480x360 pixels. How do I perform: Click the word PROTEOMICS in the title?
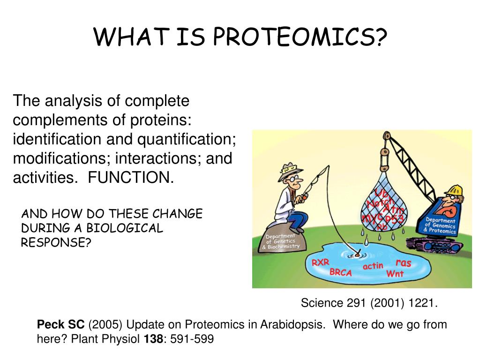pyautogui.click(x=300, y=37)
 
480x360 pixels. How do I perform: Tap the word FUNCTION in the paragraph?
pyautogui.click(x=131, y=177)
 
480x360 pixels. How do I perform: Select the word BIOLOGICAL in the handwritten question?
pyautogui.click(x=125, y=228)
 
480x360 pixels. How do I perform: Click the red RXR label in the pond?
pyautogui.click(x=321, y=262)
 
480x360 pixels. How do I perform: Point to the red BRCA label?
pyautogui.click(x=341, y=272)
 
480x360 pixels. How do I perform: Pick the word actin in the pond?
pyautogui.click(x=373, y=266)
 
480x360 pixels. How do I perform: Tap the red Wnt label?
pyautogui.click(x=395, y=273)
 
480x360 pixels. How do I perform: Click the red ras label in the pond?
pyautogui.click(x=403, y=262)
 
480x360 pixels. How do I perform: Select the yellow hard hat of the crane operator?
pyautogui.click(x=454, y=190)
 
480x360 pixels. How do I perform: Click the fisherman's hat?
pyautogui.click(x=289, y=171)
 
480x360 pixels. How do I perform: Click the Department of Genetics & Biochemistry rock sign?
pyautogui.click(x=281, y=241)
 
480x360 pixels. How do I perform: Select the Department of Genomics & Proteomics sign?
pyautogui.click(x=440, y=225)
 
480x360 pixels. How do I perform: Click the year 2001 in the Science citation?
pyautogui.click(x=387, y=303)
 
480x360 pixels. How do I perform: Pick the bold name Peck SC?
pyautogui.click(x=60, y=324)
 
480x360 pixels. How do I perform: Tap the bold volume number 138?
pyautogui.click(x=154, y=339)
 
